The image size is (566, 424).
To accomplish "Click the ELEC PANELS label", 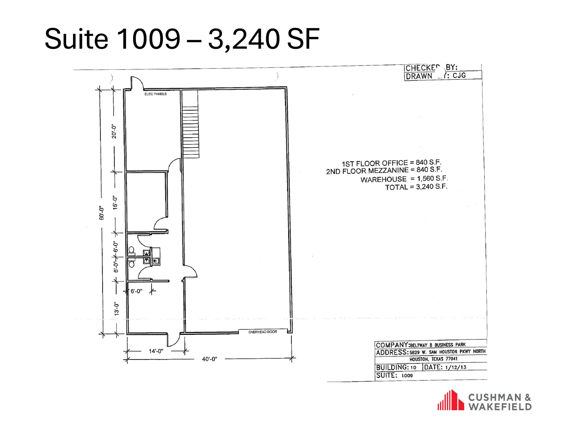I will point(155,94).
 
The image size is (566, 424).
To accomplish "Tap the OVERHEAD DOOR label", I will point(262,332).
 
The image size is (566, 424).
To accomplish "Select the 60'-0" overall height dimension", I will point(102,213).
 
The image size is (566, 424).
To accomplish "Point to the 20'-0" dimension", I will point(114,132).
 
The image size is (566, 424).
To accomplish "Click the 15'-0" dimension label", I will point(115,203).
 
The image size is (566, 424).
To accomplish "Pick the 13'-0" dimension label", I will point(117,309).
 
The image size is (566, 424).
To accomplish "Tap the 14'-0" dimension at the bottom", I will point(156,351).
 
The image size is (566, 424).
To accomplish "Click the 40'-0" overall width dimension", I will point(209,359).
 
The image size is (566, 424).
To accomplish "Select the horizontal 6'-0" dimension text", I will point(136,291).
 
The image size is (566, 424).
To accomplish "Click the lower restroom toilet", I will point(132,264).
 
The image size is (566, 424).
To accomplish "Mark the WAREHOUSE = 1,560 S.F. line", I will point(404,179).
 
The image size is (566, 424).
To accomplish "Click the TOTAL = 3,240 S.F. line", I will point(416,187).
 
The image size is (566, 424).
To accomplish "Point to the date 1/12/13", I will point(455,367).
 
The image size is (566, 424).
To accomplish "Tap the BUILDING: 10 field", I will point(396,367).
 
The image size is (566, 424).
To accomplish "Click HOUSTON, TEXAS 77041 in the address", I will point(433,359).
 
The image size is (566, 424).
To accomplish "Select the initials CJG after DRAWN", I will point(459,75).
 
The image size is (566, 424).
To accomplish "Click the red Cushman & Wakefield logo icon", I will point(451,400).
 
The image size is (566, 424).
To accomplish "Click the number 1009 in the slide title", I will point(148,39).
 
